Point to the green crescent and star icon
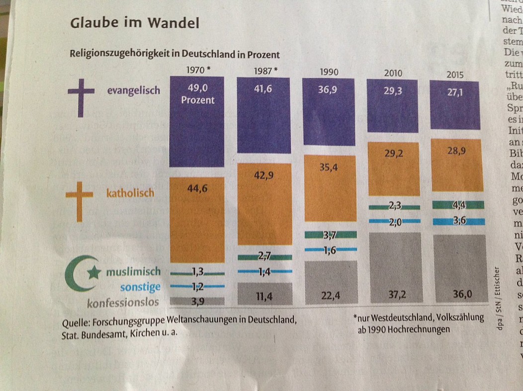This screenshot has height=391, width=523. [81, 273]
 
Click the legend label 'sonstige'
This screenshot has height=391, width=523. [140, 287]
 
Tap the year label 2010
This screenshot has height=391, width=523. [393, 74]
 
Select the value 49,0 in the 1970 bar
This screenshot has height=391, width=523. [197, 87]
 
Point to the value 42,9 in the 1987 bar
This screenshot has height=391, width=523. [263, 175]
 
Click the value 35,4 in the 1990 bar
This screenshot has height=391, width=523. [329, 167]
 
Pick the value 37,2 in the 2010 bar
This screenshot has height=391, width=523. [395, 295]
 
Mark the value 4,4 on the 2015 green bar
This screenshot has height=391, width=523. [458, 204]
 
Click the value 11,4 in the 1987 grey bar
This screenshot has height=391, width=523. [264, 297]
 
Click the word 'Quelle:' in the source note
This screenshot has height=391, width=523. [76, 323]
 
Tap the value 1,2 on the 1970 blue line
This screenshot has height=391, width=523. [197, 286]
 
